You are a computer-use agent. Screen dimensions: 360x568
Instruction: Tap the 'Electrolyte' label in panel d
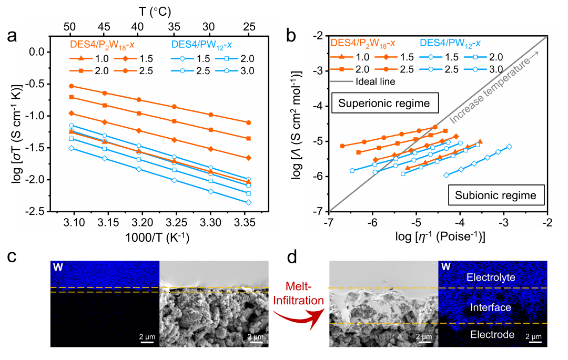(x=493, y=277)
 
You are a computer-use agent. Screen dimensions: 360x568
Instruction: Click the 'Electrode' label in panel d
(x=493, y=334)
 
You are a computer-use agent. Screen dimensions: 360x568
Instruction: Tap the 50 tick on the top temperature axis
(x=72, y=26)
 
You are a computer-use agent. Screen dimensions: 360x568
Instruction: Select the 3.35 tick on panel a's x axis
(x=249, y=222)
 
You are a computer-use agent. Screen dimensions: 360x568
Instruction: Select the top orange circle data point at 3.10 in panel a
(x=72, y=86)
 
